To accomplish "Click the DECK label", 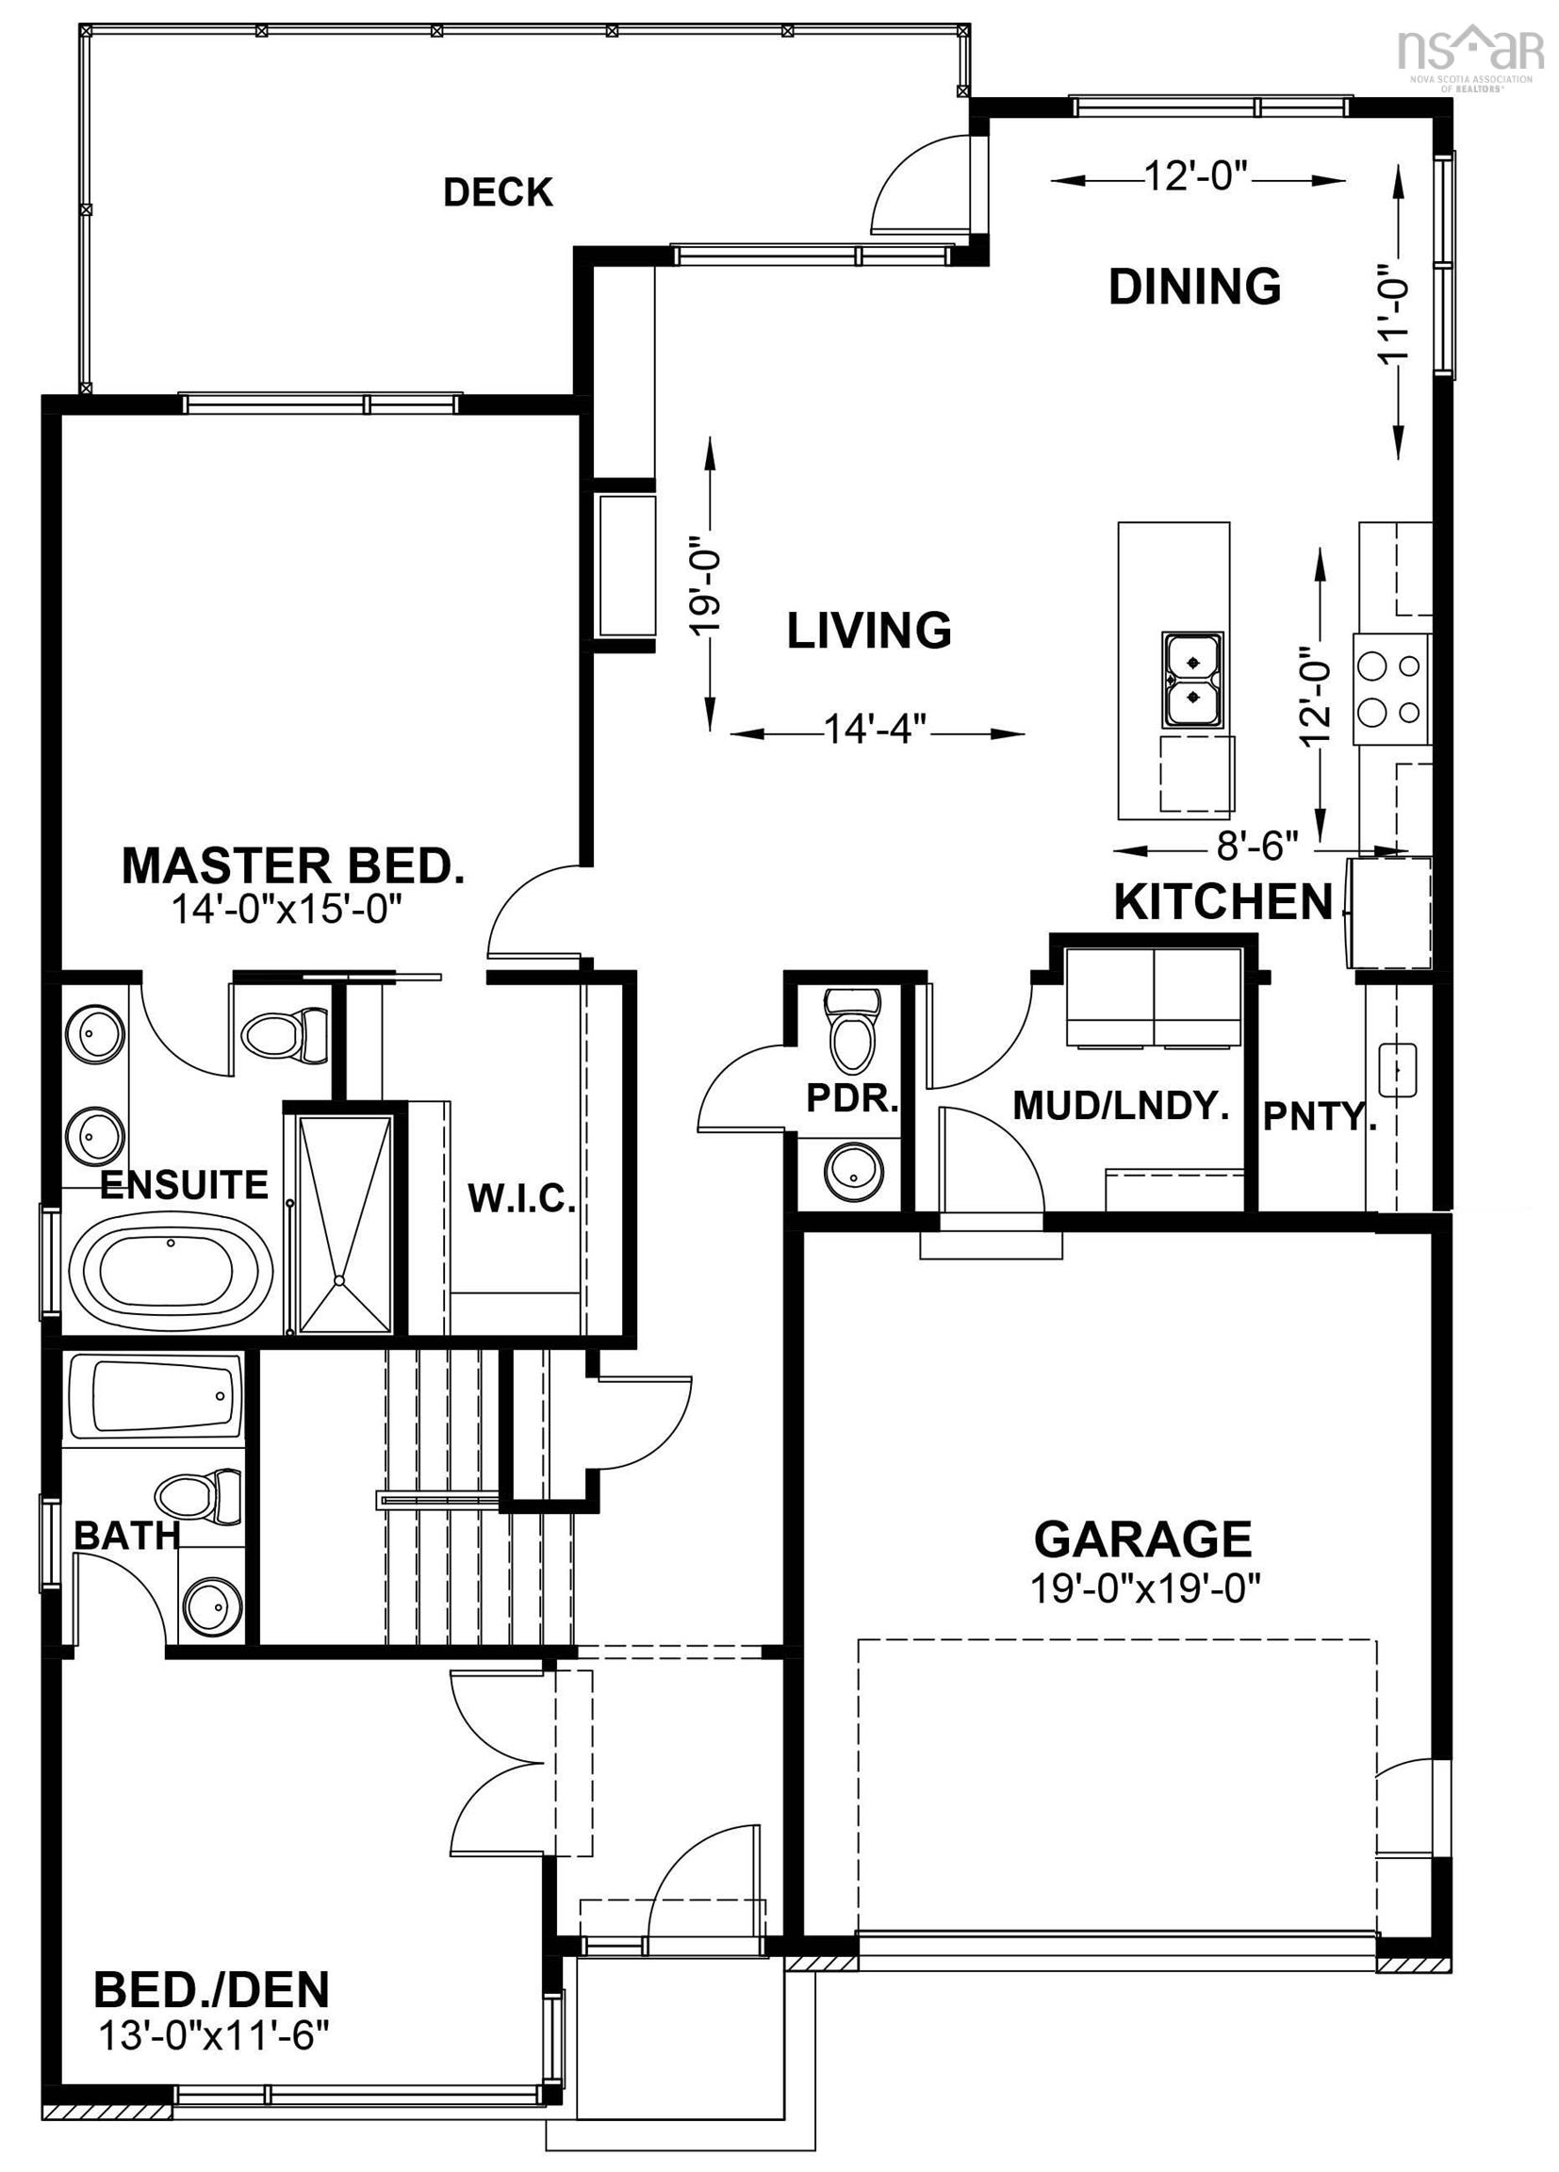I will point(497,192).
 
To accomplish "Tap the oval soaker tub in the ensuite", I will point(172,1270).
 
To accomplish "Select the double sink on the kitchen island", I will point(1192,678).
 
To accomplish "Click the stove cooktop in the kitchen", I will point(1390,687).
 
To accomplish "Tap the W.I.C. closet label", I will point(521,1199).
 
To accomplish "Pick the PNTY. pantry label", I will point(1319,1117).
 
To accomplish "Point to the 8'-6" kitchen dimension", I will point(1256,846).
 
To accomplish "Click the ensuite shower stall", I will point(345,1223).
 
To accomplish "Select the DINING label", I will point(1194,287).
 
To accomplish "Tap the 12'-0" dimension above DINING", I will point(1197,177).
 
